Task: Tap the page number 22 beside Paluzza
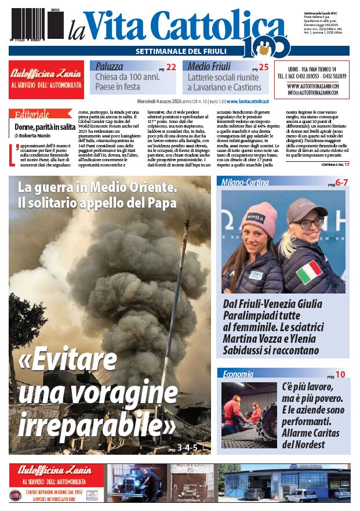pyautogui.click(x=171, y=67)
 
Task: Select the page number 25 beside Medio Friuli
pyautogui.click(x=264, y=67)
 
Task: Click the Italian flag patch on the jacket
pyautogui.click(x=310, y=271)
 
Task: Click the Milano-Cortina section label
pyautogui.click(x=245, y=182)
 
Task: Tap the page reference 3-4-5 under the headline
pyautogui.click(x=187, y=447)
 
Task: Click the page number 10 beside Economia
pyautogui.click(x=341, y=375)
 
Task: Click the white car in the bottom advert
pyautogui.click(x=301, y=494)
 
